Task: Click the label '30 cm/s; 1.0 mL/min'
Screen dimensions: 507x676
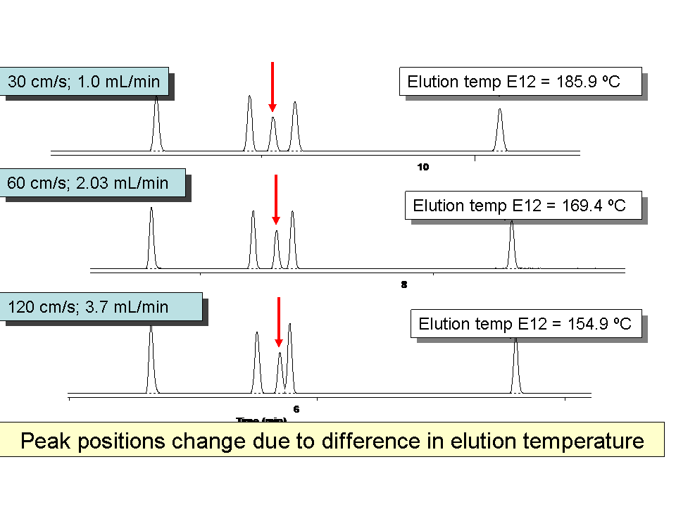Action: click(x=84, y=82)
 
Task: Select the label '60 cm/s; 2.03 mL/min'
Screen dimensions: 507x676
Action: click(x=88, y=184)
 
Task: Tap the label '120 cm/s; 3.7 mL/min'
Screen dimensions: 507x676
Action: click(x=88, y=307)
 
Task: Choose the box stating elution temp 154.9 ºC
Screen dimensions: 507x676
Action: click(x=525, y=325)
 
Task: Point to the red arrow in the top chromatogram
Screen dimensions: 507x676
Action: click(x=272, y=86)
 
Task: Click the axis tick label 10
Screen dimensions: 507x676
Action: click(x=423, y=167)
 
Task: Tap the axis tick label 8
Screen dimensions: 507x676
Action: click(x=404, y=285)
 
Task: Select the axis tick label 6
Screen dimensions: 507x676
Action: click(x=296, y=408)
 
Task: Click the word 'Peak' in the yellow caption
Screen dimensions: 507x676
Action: click(x=46, y=442)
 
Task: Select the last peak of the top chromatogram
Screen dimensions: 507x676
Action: click(x=500, y=131)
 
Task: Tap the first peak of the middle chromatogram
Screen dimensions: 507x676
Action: click(x=151, y=239)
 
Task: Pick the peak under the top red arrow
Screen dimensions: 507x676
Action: click(x=273, y=134)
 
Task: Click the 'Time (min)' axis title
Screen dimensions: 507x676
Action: click(x=261, y=420)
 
